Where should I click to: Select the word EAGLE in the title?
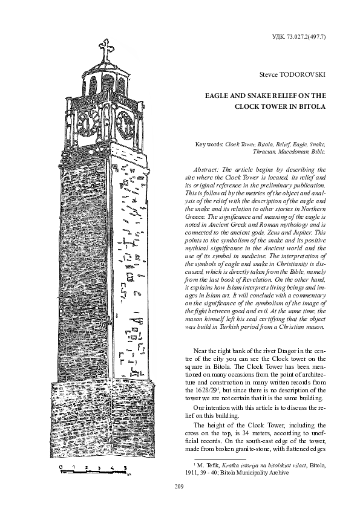pos(218,95)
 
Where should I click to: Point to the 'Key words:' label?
pos(209,145)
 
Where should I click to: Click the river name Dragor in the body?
pos(278,350)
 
